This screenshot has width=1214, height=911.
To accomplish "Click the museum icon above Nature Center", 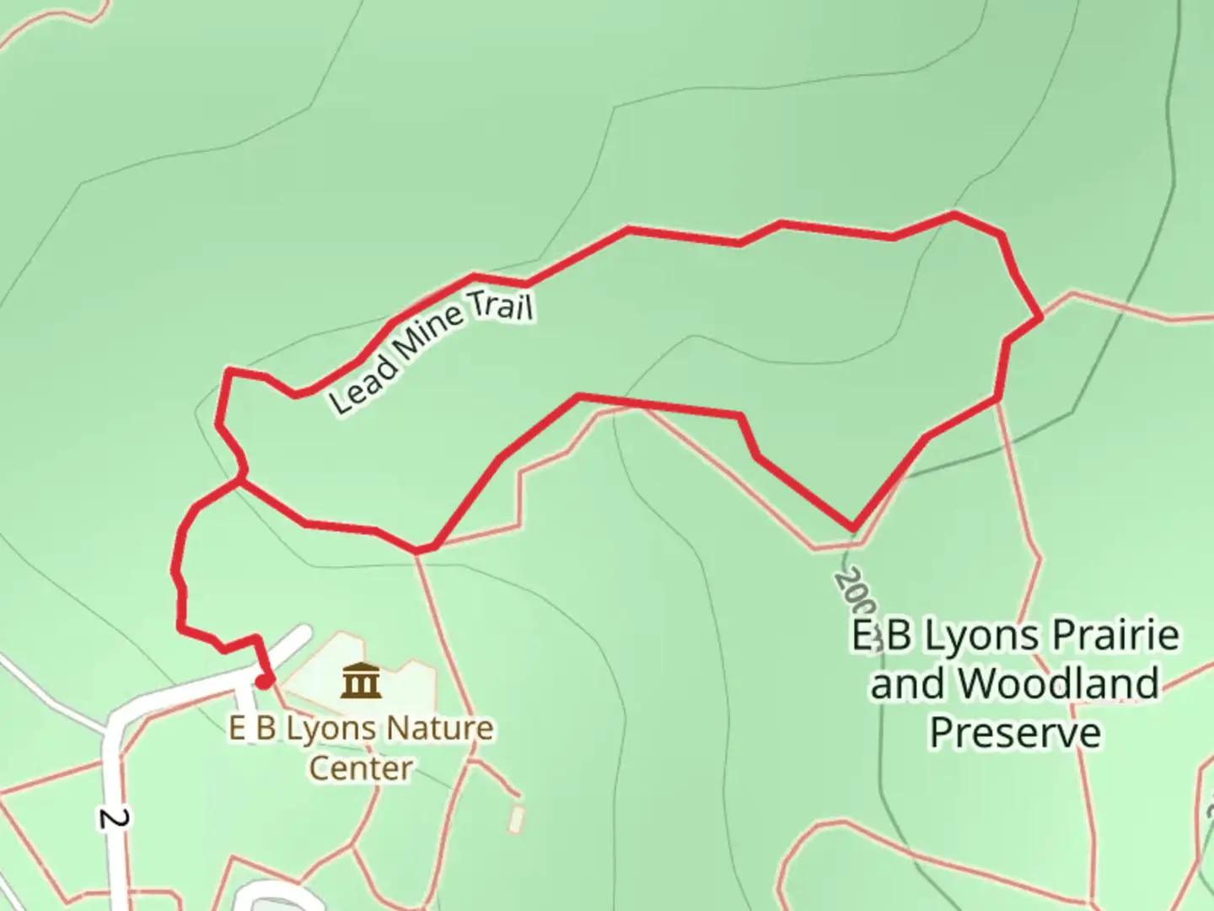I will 361,681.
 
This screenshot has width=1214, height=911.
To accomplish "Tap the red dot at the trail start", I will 265,681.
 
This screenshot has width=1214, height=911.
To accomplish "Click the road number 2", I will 115,818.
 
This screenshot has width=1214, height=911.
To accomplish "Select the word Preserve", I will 1015,732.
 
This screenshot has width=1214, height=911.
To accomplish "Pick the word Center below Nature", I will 361,768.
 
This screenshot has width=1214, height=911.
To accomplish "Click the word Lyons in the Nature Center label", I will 325,728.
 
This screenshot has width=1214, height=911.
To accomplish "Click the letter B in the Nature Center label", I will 266,728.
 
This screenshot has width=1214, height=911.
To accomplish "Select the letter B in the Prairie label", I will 899,635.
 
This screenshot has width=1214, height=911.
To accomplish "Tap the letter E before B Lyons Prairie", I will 861,635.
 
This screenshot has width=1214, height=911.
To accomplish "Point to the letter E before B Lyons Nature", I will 238,728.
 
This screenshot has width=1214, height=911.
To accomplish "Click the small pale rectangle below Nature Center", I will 516,820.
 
